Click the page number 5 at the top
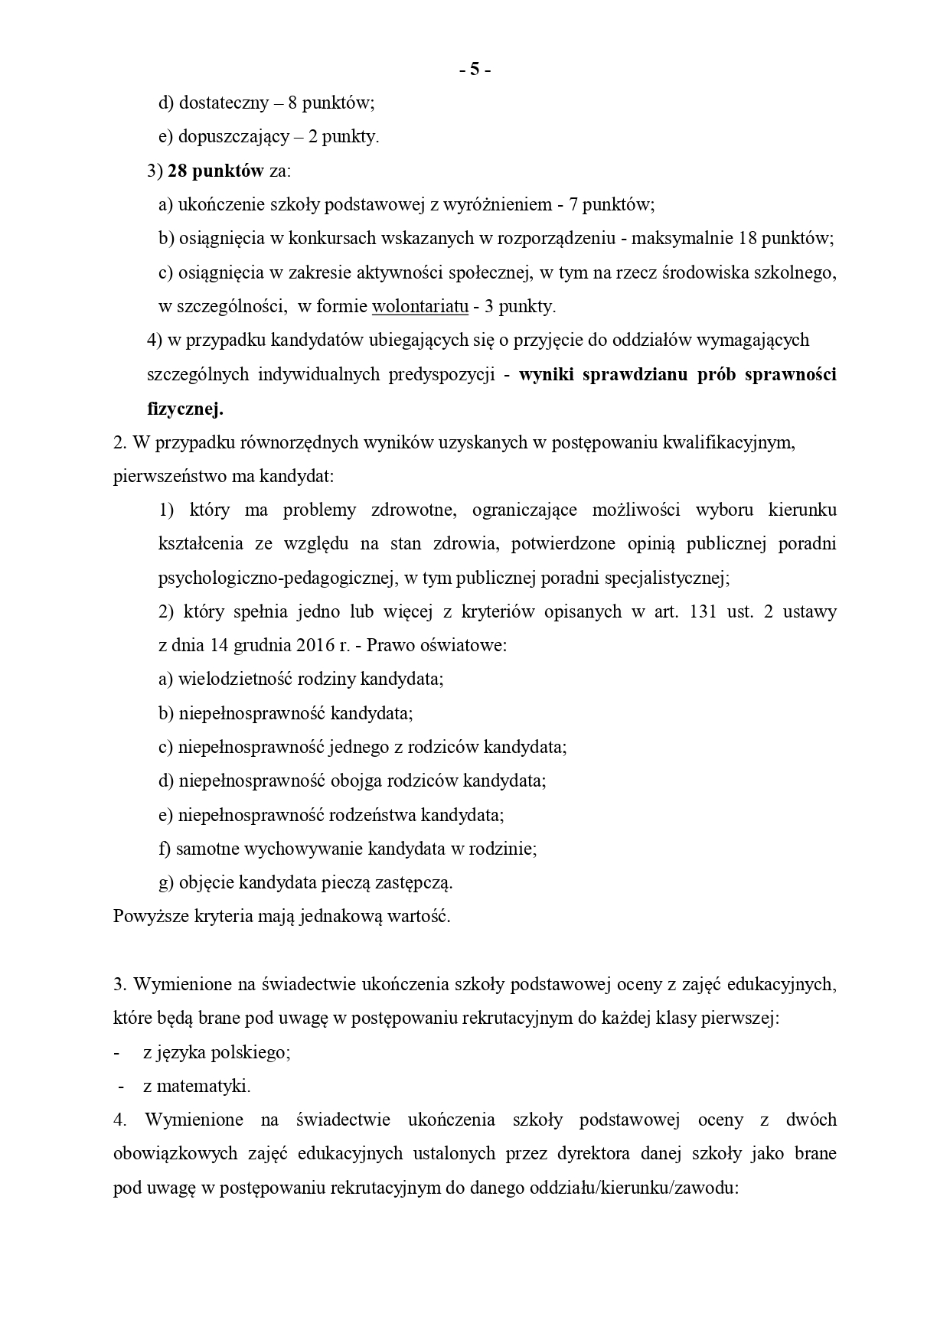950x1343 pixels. tap(475, 70)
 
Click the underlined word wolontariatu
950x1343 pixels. tap(420, 307)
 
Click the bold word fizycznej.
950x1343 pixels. tap(184, 409)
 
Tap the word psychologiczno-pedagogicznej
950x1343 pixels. tap(279, 578)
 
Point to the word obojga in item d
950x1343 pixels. tap(354, 781)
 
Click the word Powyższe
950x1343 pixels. tap(145, 916)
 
